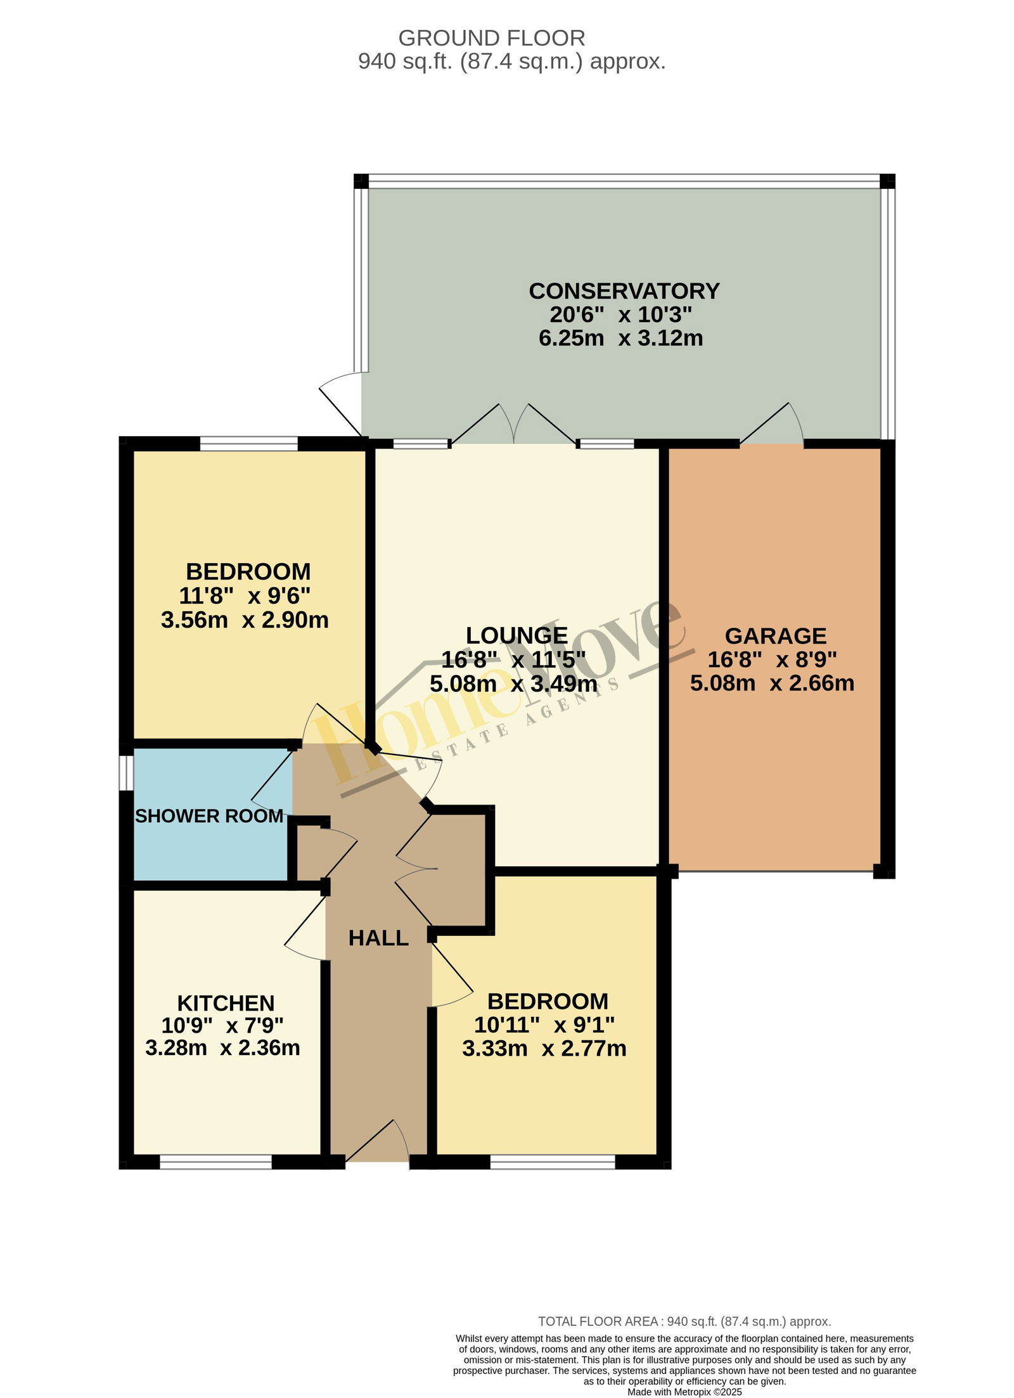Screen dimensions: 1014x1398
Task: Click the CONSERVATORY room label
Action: click(x=624, y=291)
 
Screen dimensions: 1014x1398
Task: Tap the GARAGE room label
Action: click(x=775, y=636)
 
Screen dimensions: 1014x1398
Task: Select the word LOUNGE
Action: click(x=517, y=635)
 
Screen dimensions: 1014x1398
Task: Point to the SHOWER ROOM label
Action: click(x=209, y=816)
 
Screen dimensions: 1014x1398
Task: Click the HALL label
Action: click(x=378, y=938)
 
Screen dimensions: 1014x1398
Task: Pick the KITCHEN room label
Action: click(x=226, y=1003)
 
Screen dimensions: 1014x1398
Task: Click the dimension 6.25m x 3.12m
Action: click(x=620, y=338)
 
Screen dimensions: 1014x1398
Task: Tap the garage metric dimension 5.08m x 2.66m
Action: click(x=772, y=683)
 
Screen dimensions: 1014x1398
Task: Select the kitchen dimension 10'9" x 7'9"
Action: click(x=222, y=1025)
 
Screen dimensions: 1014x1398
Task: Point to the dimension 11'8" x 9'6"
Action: click(x=245, y=596)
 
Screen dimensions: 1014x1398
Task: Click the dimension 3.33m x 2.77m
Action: click(x=544, y=1049)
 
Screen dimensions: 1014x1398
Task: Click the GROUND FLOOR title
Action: click(x=491, y=38)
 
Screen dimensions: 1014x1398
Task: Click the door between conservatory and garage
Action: click(x=772, y=423)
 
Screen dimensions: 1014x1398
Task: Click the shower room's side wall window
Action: click(x=127, y=773)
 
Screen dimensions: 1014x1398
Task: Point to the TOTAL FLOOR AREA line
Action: click(x=684, y=1322)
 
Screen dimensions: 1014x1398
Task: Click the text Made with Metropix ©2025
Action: click(x=684, y=1392)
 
